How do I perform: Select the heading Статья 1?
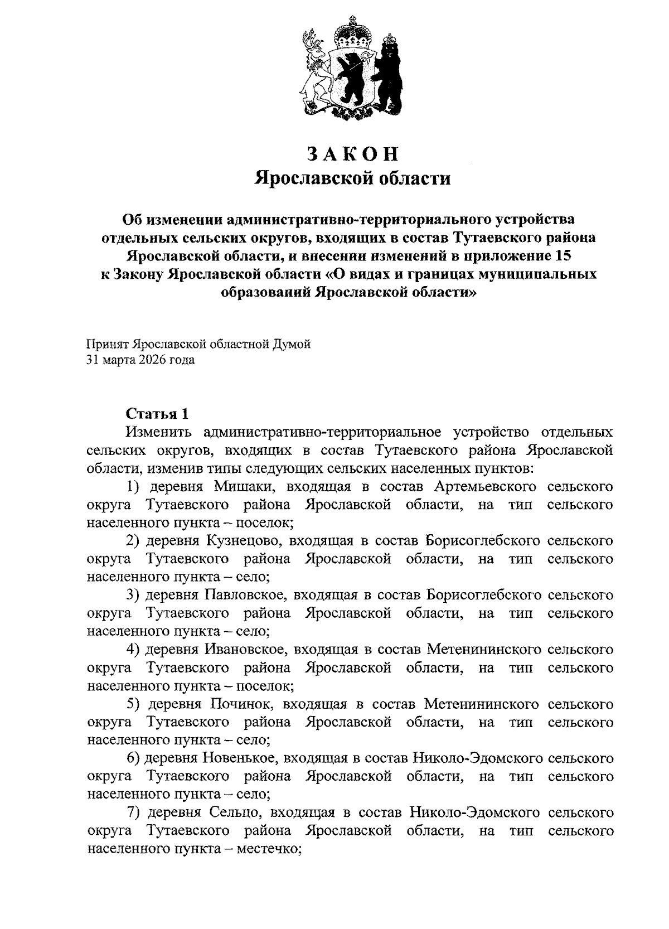157,414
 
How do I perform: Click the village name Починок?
243,704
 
